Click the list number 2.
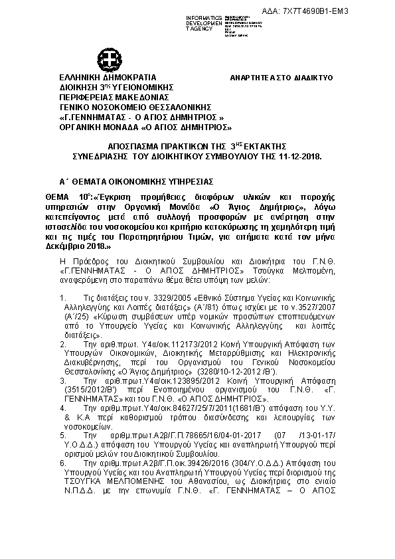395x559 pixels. coord(62,345)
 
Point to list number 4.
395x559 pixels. coord(62,407)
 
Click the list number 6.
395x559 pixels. coord(62,461)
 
